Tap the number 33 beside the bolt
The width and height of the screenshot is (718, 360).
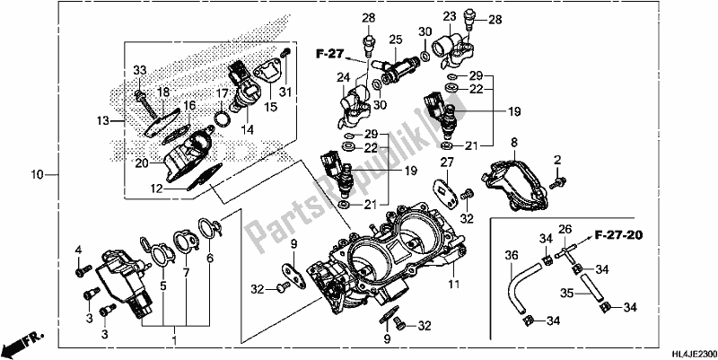point(139,71)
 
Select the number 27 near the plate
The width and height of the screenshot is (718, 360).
point(447,162)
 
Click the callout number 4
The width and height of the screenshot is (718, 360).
point(78,249)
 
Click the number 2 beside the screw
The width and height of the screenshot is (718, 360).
point(557,160)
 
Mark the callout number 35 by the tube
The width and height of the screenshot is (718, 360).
point(566,292)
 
